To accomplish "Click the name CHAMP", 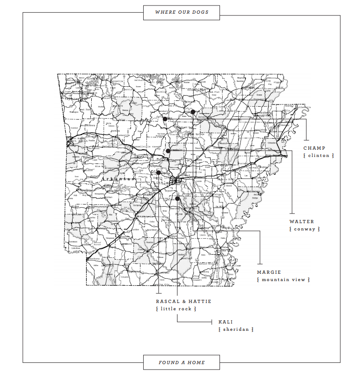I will point(314,148).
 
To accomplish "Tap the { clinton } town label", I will point(318,156).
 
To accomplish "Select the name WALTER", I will point(302,221).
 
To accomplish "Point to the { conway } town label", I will point(305,229).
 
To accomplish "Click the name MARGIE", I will point(269,272).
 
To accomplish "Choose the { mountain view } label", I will point(283,280).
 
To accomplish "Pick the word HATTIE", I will point(199,301).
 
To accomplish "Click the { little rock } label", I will point(176,309).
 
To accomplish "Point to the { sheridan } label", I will point(236,329).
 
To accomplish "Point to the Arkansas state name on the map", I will point(114,180).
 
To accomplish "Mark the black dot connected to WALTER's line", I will point(168,151).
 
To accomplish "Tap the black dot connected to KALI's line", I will point(177,198).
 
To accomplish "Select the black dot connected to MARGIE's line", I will point(193,112).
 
